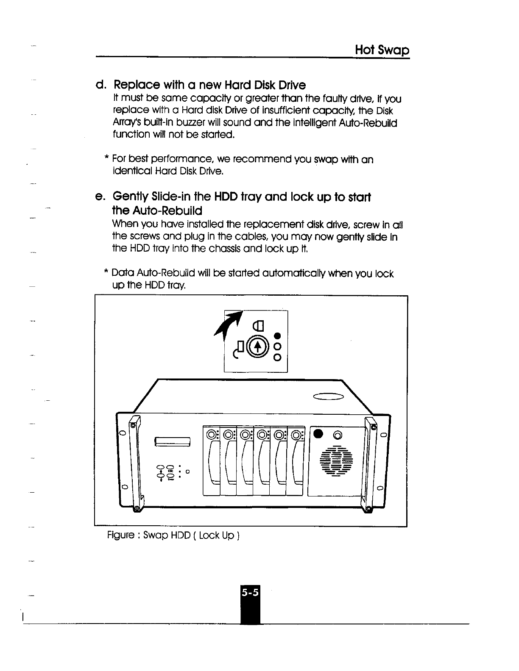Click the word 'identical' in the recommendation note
[129, 172]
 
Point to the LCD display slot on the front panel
[174, 441]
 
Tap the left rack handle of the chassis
[135, 464]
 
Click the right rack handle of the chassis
[369, 464]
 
